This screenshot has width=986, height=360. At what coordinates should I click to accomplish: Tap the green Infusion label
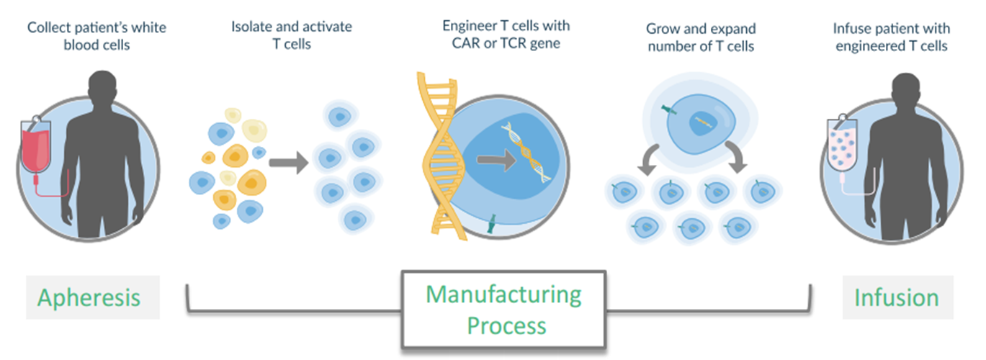(x=897, y=297)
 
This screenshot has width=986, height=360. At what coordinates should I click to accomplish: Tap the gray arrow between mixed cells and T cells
(x=289, y=162)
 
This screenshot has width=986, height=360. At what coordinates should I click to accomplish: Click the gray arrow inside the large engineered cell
(x=497, y=160)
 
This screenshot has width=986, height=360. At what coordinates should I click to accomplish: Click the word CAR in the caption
(x=455, y=43)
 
